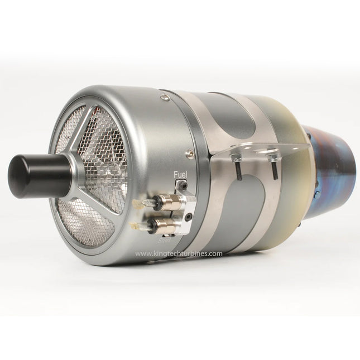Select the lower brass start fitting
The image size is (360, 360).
tap(164, 225)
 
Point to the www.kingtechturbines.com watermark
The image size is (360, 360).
tap(179, 253)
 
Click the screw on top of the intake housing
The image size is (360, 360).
tap(164, 98)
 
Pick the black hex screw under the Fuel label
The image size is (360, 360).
tap(180, 184)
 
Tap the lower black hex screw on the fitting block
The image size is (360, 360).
tap(188, 216)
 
